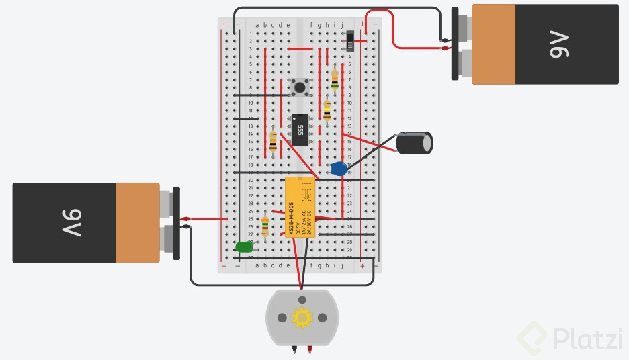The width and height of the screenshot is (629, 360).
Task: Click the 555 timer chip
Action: (300, 130)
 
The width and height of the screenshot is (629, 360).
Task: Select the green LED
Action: (243, 247)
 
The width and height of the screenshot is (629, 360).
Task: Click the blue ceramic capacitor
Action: (339, 169)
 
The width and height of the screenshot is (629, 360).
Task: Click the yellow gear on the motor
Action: (302, 317)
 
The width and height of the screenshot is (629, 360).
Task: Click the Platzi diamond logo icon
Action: (534, 338)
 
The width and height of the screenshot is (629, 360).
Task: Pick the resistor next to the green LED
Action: (265, 226)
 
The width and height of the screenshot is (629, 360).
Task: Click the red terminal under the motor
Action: (310, 349)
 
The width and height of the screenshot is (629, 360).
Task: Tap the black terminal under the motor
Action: (294, 349)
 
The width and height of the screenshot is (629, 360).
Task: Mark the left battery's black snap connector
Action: (176, 224)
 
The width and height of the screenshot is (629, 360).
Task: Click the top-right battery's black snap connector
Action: (456, 44)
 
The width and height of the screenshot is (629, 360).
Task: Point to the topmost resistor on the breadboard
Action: (335, 79)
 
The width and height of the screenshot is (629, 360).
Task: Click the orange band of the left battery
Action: (137, 222)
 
